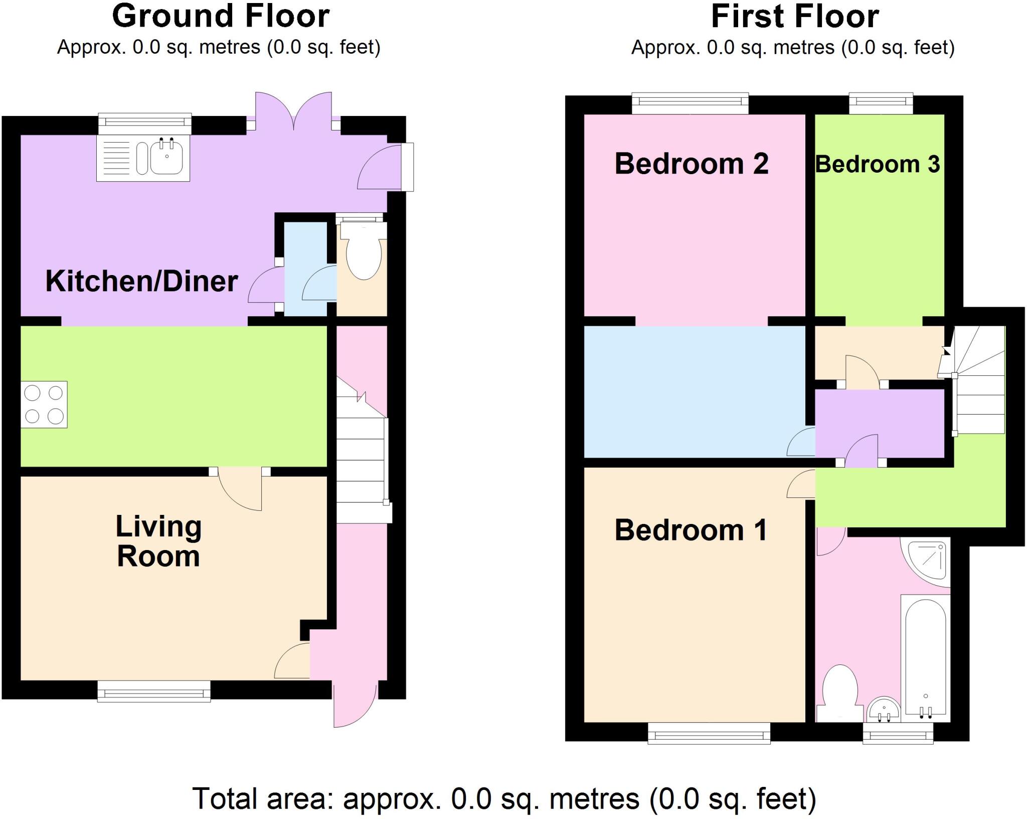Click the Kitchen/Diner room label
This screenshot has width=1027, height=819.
141,281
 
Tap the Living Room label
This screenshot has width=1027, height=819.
158,541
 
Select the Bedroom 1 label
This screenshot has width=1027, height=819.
691,530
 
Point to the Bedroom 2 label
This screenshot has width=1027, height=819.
691,164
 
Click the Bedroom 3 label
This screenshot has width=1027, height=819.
877,165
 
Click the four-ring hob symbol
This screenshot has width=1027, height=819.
44,404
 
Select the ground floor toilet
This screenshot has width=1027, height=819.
364,254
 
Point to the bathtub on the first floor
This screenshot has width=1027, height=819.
925,657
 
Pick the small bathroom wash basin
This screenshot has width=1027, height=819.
884,710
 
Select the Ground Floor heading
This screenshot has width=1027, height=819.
221,16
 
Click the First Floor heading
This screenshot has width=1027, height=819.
795,17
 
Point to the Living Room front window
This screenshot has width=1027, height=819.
154,691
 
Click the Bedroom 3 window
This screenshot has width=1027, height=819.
881,103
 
